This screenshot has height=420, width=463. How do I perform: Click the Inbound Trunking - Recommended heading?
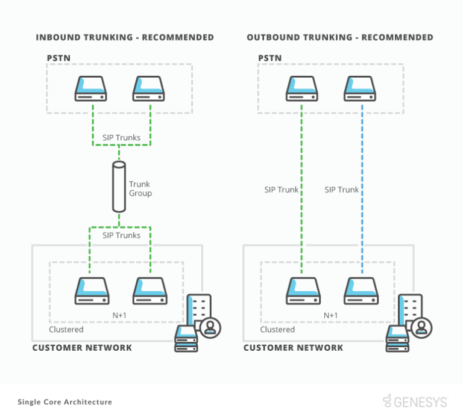point(125,37)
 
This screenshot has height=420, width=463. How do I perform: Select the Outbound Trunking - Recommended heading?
point(339,37)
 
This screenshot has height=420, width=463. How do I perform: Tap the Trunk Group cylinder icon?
point(119,187)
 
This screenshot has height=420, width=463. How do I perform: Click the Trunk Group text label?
point(139,188)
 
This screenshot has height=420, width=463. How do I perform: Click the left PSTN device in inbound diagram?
point(90,88)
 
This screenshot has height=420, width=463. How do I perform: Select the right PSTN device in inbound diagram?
point(148,88)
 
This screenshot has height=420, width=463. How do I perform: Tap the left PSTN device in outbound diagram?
point(301,88)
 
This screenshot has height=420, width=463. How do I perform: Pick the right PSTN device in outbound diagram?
point(359,88)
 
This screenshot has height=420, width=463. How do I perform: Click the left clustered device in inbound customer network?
point(90,291)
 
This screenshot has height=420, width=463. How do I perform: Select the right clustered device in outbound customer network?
point(359,291)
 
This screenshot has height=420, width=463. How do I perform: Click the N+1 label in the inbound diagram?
point(119,315)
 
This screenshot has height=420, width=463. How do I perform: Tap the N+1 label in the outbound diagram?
point(330,315)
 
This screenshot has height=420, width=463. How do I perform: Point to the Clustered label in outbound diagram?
point(277,330)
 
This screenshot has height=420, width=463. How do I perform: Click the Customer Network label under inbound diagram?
point(82,348)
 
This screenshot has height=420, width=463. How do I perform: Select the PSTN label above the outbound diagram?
point(269,58)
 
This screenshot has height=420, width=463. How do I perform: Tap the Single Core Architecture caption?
point(65,402)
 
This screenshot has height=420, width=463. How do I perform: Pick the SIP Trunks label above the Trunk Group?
point(121,138)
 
